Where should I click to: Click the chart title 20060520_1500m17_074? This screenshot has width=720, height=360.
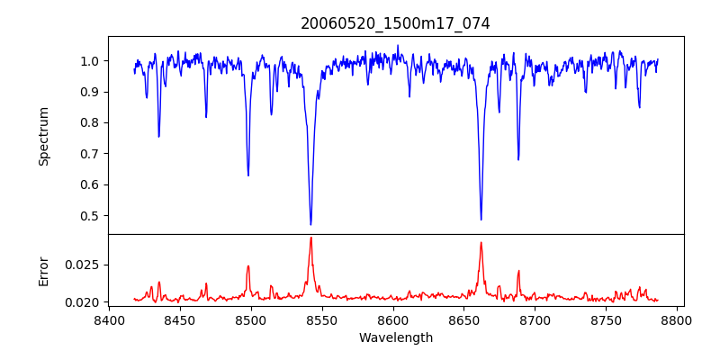pos(395,23)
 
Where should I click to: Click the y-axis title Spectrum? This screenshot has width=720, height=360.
pos(44,136)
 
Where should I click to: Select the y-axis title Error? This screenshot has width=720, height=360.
pos(44,271)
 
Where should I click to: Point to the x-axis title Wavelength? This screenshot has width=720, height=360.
pos(395,338)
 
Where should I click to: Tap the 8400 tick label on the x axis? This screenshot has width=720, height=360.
pos(108,320)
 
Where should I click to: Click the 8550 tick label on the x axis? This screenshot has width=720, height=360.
pos(321,320)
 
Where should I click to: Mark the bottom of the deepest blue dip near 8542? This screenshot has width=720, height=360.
pos(310,224)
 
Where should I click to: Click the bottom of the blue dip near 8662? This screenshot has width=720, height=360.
pos(481,220)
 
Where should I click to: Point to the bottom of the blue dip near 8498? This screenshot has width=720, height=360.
pos(248,175)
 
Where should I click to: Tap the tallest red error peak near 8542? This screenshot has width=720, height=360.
pos(310,238)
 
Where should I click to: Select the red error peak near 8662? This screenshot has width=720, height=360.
pos(481,242)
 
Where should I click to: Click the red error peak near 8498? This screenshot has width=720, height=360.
pos(248,265)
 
